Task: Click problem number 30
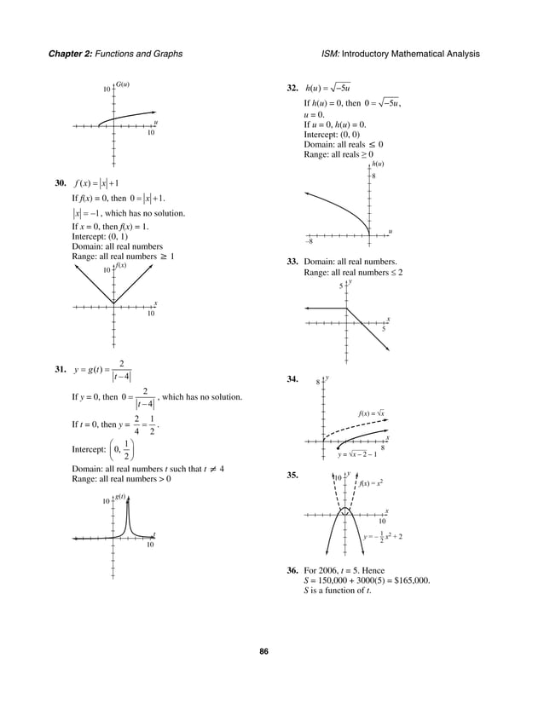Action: [60, 182]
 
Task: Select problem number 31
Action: [60, 369]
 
